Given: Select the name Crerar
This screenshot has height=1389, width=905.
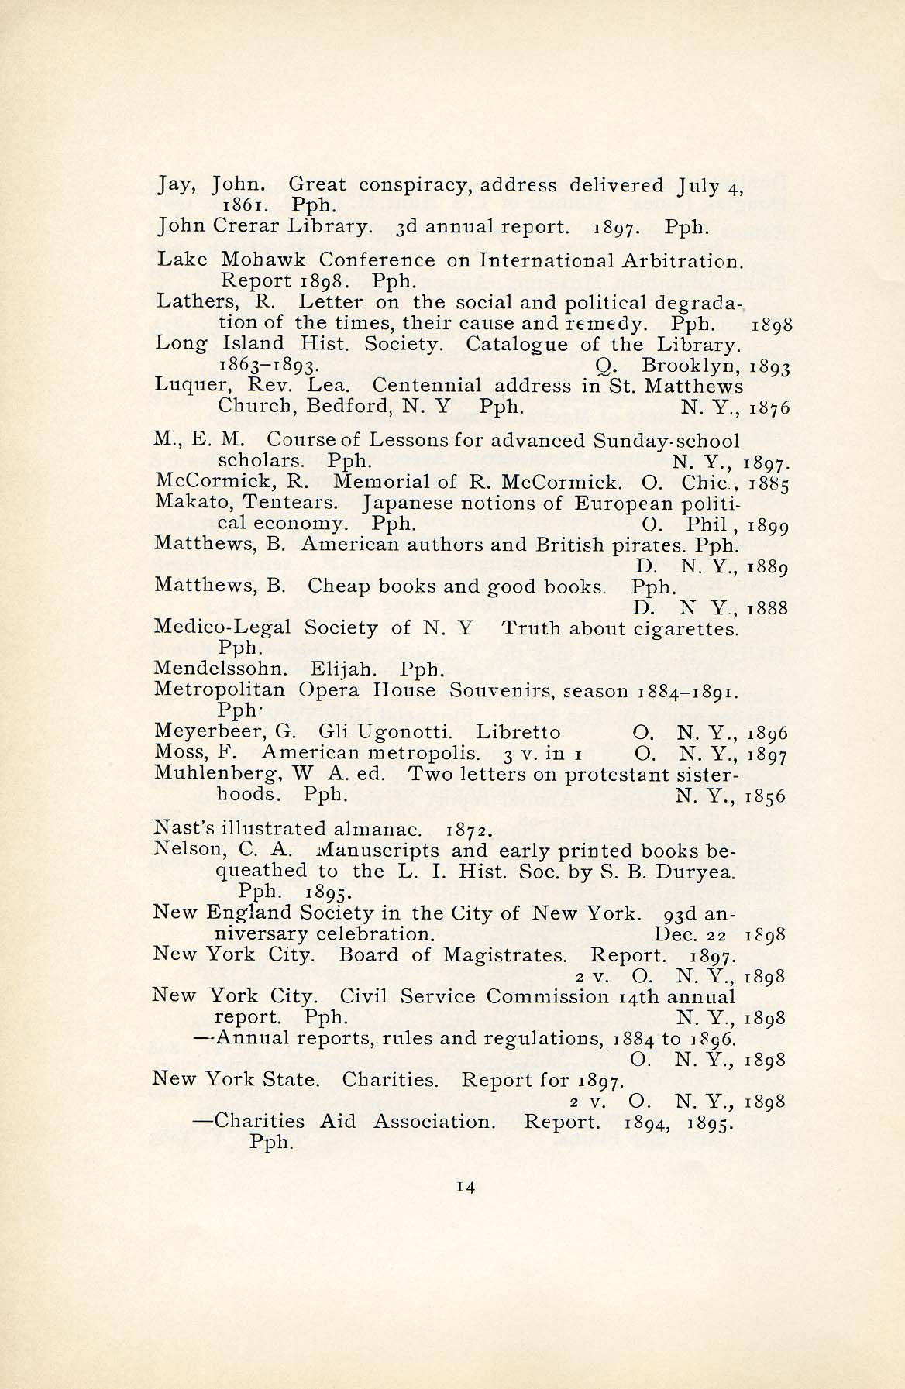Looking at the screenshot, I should (248, 226).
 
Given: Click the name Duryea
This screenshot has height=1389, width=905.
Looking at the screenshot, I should (697, 871).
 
